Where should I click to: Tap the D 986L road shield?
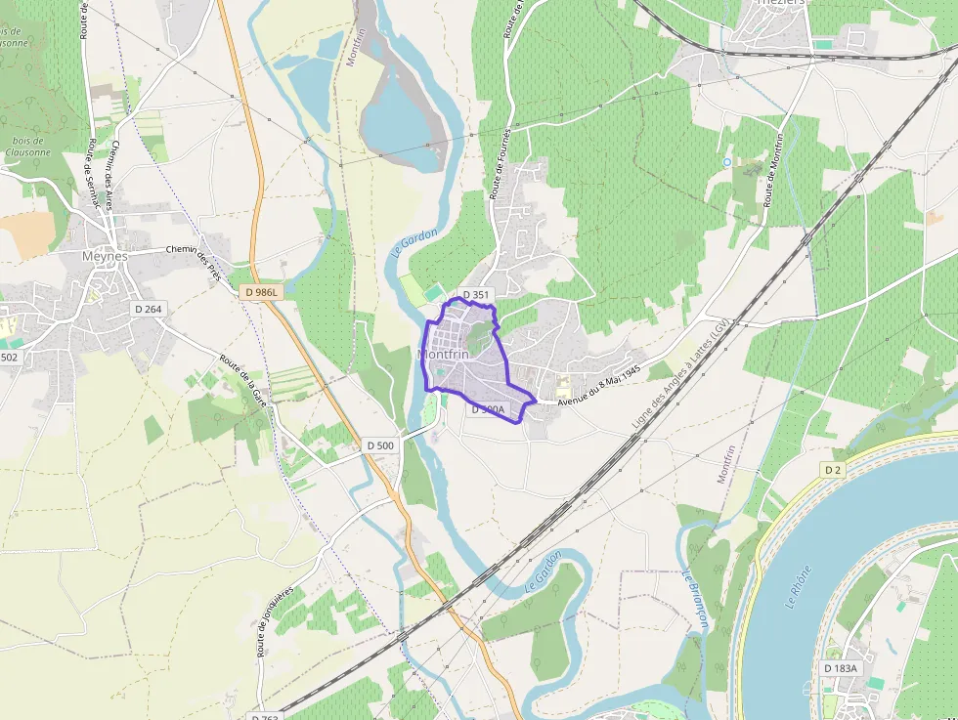pyautogui.click(x=262, y=292)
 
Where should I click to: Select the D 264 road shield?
pyautogui.click(x=148, y=310)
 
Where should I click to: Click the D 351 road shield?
pyautogui.click(x=475, y=294)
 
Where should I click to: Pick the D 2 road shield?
pyautogui.click(x=832, y=470)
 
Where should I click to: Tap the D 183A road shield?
pyautogui.click(x=840, y=667)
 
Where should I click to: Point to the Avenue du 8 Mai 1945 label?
pyautogui.click(x=598, y=387)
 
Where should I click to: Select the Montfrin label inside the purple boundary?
pyautogui.click(x=443, y=355)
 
